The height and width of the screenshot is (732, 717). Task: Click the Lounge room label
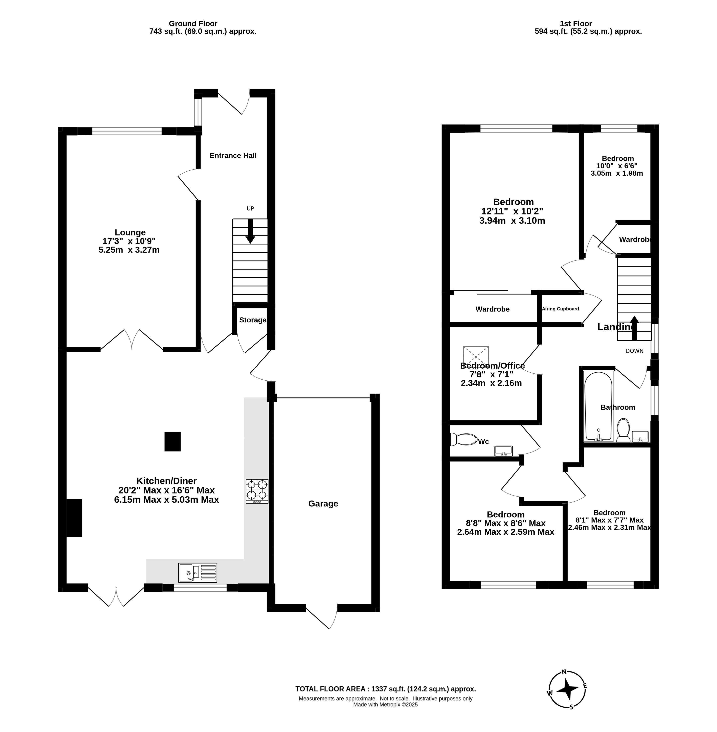(x=130, y=232)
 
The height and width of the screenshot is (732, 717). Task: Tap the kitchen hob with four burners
(x=257, y=491)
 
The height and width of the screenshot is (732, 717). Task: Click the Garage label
(x=323, y=504)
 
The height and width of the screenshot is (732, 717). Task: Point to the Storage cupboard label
(x=253, y=320)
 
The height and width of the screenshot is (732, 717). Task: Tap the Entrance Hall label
(x=233, y=156)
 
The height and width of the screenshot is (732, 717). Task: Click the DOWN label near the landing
(x=635, y=351)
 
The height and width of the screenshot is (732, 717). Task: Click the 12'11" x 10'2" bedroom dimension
(x=512, y=211)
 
